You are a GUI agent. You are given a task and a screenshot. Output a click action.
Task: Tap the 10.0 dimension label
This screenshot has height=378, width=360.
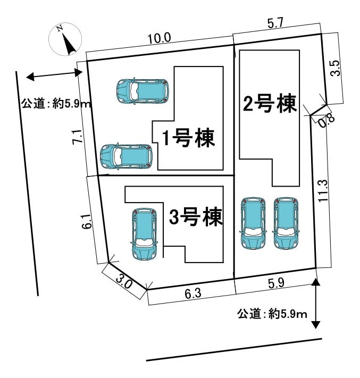click(159, 38)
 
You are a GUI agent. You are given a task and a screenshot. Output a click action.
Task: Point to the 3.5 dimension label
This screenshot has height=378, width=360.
click(334, 68)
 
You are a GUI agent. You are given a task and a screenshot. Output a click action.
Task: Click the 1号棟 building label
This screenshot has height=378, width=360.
click(188, 139)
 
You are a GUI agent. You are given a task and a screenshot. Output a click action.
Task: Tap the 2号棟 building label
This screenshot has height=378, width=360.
click(269, 104)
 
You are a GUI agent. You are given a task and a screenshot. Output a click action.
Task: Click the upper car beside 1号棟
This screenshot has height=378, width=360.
click(142, 91)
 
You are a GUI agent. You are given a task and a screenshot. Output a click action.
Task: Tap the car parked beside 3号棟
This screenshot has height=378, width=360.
click(144, 234)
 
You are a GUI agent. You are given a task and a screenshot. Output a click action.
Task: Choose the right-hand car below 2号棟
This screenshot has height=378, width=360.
click(286, 223)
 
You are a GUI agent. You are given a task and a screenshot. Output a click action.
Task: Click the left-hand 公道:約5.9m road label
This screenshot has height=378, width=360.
click(56, 104)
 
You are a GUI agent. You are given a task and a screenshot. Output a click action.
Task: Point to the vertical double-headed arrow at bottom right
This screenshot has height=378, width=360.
click(316, 303)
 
